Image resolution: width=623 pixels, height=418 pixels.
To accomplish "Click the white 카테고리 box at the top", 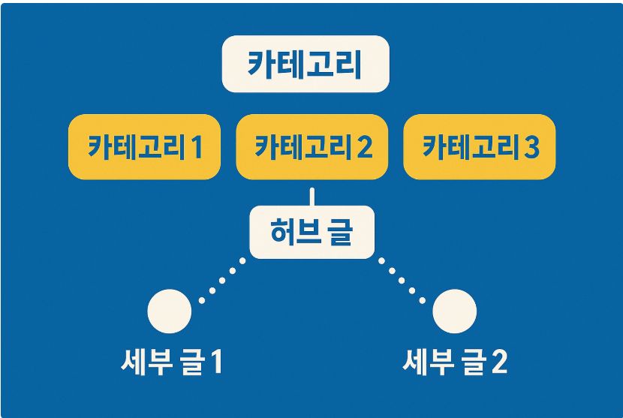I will coord(305,65).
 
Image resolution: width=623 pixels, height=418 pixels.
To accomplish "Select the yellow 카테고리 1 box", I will coord(144,146).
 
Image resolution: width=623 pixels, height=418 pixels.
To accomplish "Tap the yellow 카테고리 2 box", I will coord(311,146).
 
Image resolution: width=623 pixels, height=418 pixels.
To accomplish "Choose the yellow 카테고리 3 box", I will coord(480,146).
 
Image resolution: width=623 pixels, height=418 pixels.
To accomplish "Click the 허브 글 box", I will coord(311,232).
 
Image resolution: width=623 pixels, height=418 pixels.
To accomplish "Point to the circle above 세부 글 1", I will coord(170,311).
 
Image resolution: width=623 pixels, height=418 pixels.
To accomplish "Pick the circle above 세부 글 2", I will coord(455,311).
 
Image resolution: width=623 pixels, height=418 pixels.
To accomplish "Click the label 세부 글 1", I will coord(172,362).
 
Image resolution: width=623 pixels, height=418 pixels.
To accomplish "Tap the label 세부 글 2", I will coord(455,362).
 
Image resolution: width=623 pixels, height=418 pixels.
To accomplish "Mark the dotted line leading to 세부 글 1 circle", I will coord(221,281).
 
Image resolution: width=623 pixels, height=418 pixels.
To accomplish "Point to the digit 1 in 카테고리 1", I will coord(197,147).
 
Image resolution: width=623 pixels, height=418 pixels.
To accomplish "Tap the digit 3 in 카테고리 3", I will coord(531,147).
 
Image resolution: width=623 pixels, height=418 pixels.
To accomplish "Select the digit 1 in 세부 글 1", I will coord(215,363).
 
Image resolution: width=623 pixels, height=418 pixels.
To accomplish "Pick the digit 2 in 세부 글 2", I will coord(498,363).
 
